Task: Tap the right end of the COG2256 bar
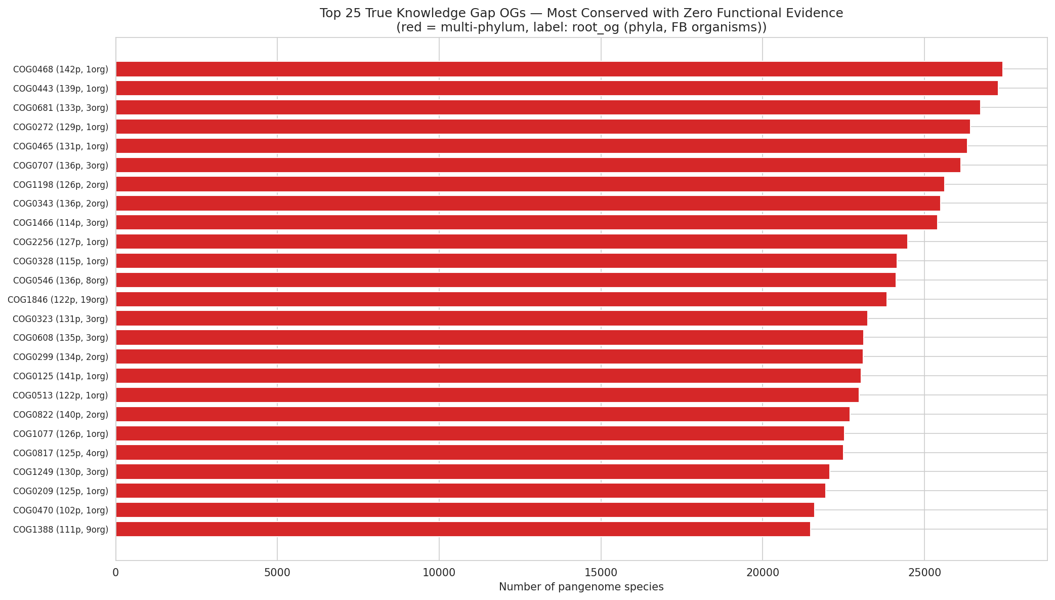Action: pyautogui.click(x=906, y=242)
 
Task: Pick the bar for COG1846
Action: pyautogui.click(x=501, y=299)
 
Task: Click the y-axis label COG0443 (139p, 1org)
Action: pyautogui.click(x=61, y=89)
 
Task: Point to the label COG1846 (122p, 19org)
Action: pyautogui.click(x=58, y=300)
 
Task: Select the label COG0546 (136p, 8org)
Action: pyautogui.click(x=61, y=281)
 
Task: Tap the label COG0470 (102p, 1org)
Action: pyautogui.click(x=61, y=510)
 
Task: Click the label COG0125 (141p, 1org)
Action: pyautogui.click(x=61, y=376)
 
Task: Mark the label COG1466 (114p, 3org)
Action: pyautogui.click(x=61, y=223)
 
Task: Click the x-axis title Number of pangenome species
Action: pyautogui.click(x=581, y=587)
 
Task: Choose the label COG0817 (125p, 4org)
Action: pyautogui.click(x=61, y=453)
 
